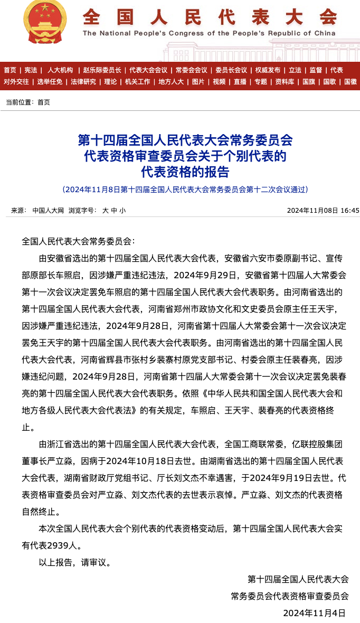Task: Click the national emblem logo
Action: (x=45, y=22)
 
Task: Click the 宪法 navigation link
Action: (x=31, y=70)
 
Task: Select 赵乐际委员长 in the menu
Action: (x=101, y=70)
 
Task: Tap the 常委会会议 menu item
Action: (x=191, y=70)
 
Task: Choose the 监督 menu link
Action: (x=316, y=70)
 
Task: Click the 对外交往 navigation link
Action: (x=16, y=82)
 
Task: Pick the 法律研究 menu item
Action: (x=83, y=82)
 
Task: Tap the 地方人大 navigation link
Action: (x=171, y=82)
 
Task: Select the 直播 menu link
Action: (x=240, y=82)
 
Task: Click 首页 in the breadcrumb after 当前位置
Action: (x=44, y=102)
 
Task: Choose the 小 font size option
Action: (x=122, y=210)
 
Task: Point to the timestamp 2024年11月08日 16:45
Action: (x=323, y=210)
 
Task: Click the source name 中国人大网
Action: (x=48, y=210)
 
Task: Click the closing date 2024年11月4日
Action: (x=315, y=613)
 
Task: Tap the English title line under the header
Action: (x=209, y=33)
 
